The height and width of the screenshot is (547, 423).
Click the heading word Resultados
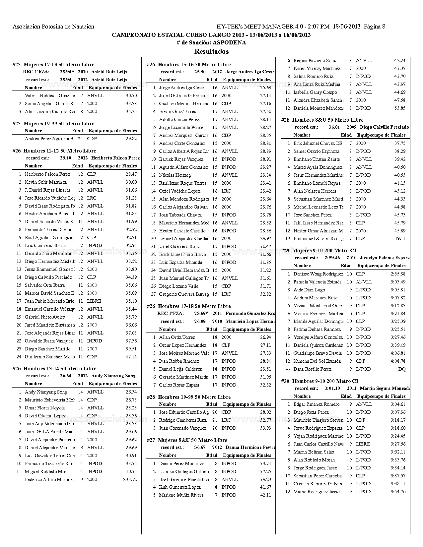[211, 51]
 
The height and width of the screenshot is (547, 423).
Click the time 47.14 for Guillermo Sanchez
[131, 357]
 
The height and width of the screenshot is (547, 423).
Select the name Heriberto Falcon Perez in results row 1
[47, 174]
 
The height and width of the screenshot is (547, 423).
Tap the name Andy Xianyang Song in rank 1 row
[46, 392]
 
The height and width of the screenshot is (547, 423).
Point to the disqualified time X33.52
[129, 479]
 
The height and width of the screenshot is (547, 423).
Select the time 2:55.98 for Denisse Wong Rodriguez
[398, 274]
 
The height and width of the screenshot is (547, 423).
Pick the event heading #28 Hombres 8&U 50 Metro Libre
[322, 120]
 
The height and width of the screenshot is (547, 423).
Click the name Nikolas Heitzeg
[175, 175]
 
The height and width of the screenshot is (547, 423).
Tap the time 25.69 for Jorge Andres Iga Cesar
[265, 88]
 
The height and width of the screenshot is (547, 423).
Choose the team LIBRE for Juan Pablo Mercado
[94, 301]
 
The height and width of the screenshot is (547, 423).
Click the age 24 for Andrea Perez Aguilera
[80, 139]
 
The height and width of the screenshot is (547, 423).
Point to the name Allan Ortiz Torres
[177, 337]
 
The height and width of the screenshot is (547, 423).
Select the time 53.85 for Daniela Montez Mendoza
[400, 108]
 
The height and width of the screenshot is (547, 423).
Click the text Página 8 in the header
[374, 27]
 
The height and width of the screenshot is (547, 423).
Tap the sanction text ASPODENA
[229, 42]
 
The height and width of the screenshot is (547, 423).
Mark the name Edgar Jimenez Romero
[317, 404]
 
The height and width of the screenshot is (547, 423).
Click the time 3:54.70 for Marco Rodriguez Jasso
[398, 492]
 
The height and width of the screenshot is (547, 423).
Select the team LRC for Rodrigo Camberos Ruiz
[226, 420]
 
